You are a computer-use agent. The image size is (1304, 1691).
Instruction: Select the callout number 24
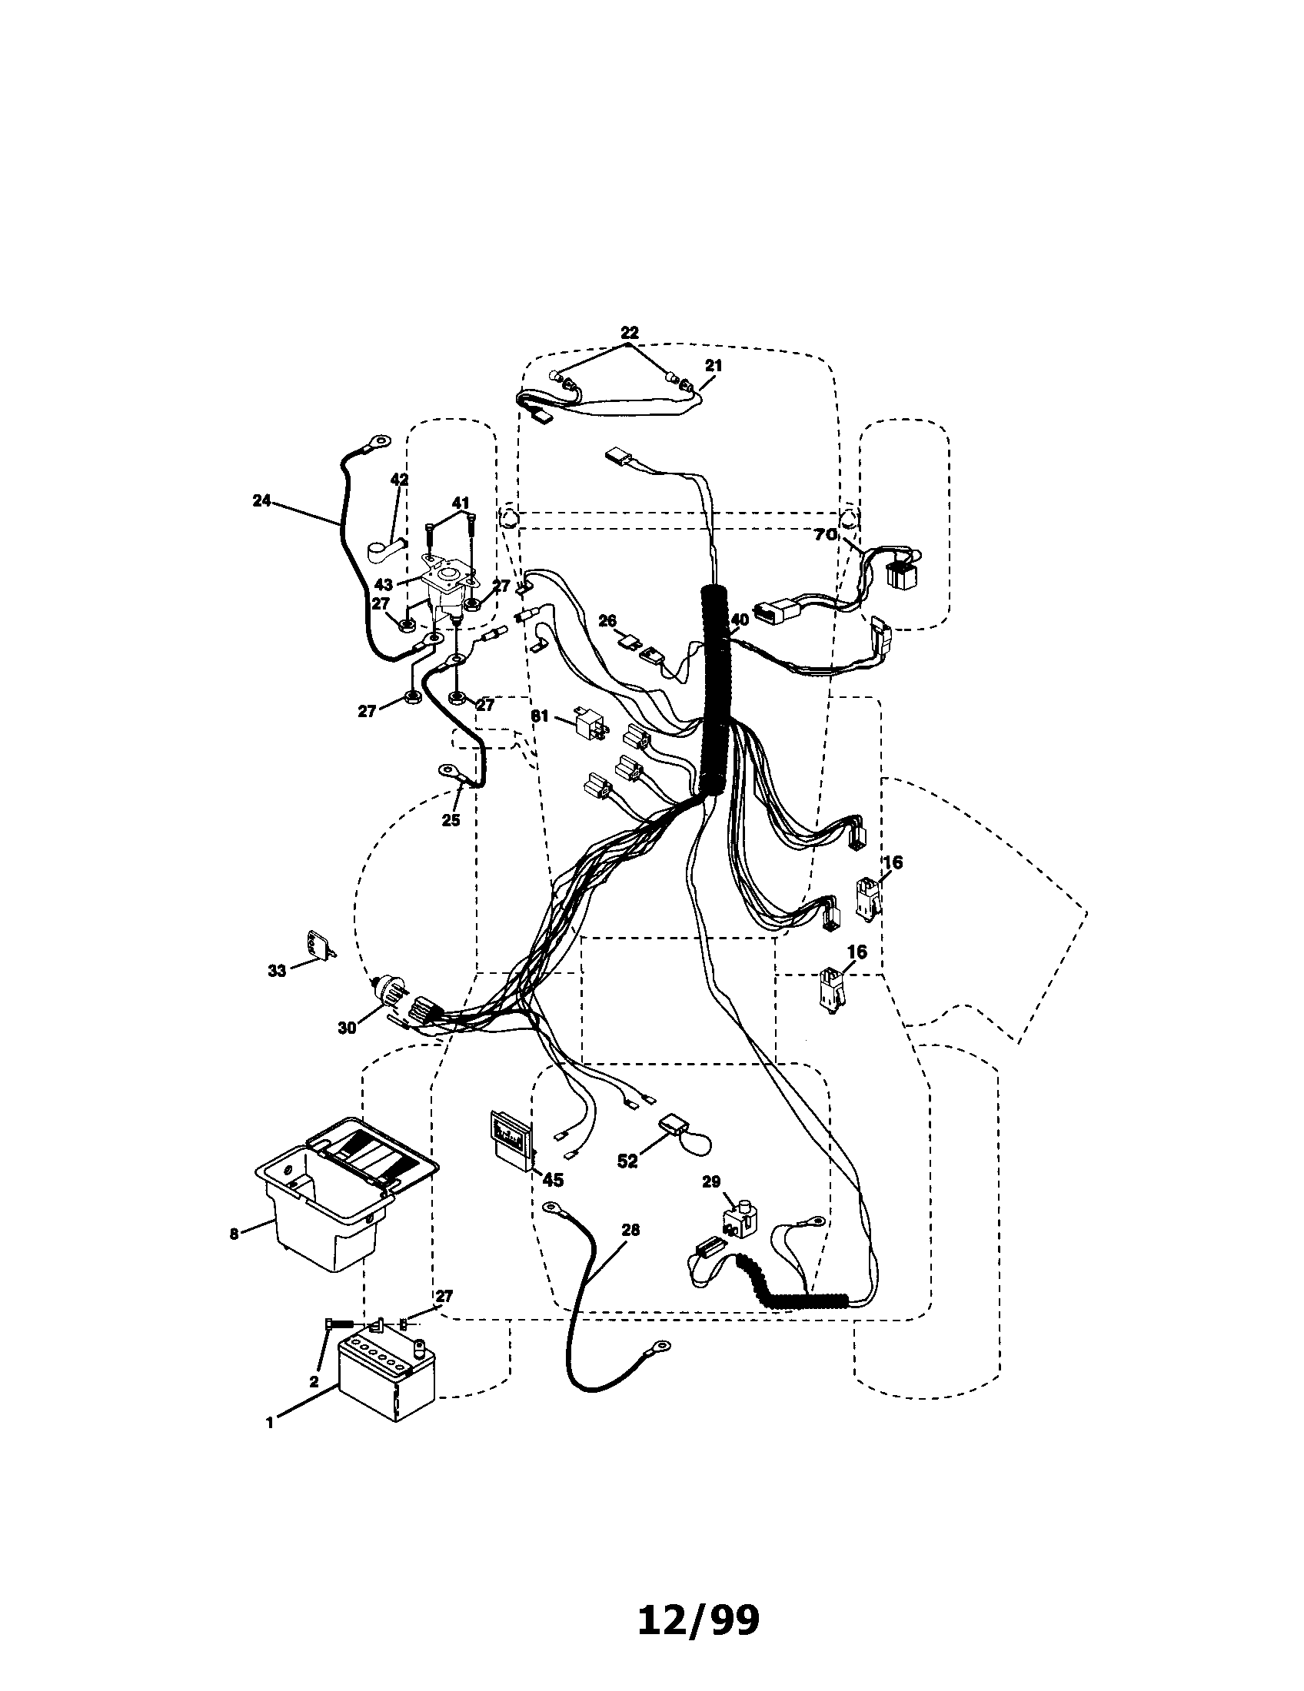click(x=261, y=500)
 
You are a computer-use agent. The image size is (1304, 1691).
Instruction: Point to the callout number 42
click(x=399, y=480)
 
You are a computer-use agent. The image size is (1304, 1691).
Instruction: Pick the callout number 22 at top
click(x=630, y=333)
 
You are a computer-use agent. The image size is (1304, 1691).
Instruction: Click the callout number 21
click(x=714, y=365)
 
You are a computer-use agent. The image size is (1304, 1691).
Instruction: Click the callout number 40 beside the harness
click(x=740, y=620)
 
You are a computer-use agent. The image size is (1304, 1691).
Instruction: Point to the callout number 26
click(x=607, y=620)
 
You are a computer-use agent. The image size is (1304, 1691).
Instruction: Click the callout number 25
click(x=451, y=820)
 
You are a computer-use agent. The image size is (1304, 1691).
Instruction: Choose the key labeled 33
click(x=321, y=945)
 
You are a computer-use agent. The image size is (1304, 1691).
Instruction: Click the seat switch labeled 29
click(x=740, y=1221)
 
